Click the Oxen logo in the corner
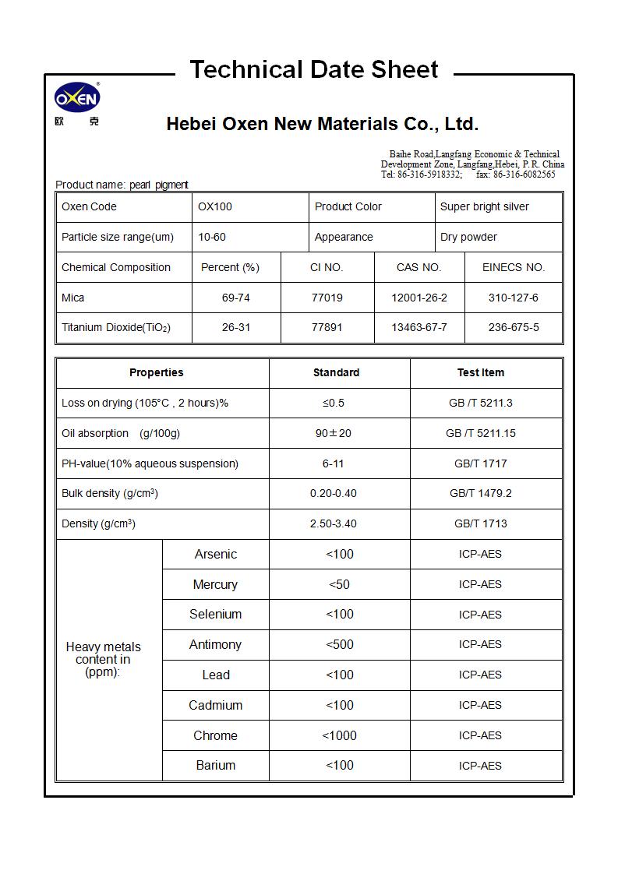(x=77, y=99)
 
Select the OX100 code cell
(x=215, y=206)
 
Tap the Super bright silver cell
(x=484, y=206)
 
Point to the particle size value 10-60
(x=212, y=237)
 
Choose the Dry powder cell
(x=468, y=237)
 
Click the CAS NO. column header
(x=418, y=267)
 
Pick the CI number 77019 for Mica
(x=327, y=298)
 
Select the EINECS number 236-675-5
(x=513, y=327)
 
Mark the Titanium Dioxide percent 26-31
(x=236, y=327)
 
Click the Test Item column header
(x=480, y=372)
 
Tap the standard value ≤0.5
(x=334, y=403)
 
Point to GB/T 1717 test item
(x=480, y=463)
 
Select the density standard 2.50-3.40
(x=334, y=523)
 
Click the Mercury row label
(x=215, y=584)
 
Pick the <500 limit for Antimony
(x=339, y=644)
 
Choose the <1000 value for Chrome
(x=339, y=735)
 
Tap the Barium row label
(x=215, y=765)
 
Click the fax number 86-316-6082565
(x=524, y=174)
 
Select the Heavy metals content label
(x=103, y=659)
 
